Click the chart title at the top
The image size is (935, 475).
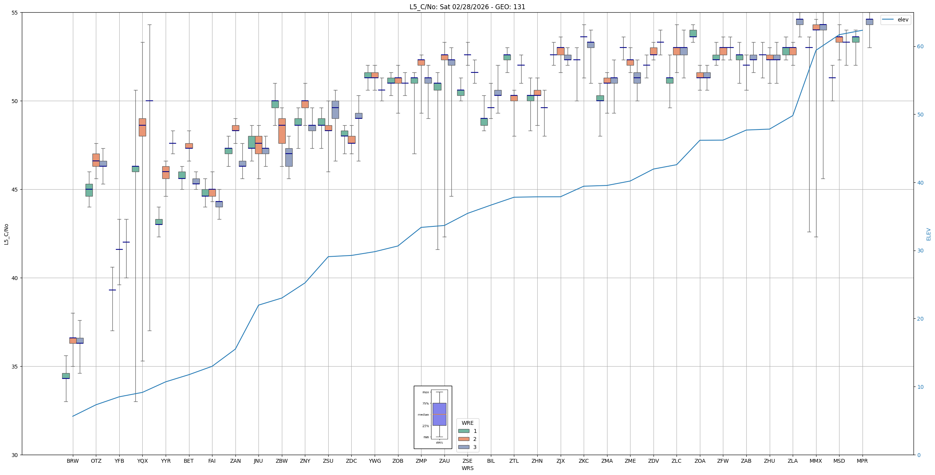point(467,7)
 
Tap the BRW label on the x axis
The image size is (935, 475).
point(72,461)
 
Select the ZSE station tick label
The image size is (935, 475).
point(467,461)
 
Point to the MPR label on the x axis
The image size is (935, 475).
point(862,461)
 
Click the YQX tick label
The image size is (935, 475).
point(142,461)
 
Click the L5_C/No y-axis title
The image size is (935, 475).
point(6,234)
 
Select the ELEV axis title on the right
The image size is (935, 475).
point(928,234)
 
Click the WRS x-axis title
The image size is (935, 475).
point(467,468)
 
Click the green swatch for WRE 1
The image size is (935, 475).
point(464,431)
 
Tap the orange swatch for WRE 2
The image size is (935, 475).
point(464,439)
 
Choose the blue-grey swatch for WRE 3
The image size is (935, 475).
point(464,447)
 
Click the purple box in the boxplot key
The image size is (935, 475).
point(439,414)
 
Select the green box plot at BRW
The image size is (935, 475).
point(66,376)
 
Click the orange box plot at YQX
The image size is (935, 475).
point(142,127)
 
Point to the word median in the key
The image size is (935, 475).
point(423,414)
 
